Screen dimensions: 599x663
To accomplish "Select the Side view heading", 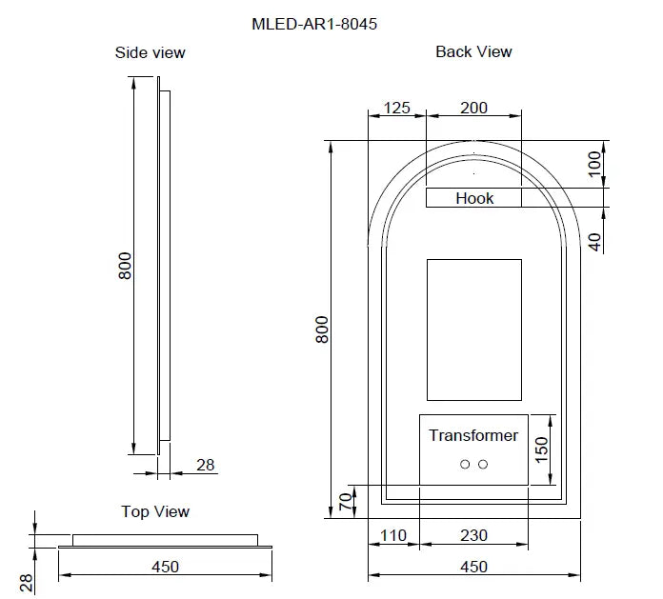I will coord(151,52).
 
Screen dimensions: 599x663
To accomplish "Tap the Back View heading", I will coord(473,51).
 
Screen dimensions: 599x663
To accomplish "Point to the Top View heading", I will coord(155,511).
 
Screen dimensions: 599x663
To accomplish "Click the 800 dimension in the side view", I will coord(125,266).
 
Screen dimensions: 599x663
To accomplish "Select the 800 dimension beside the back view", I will coord(322,329).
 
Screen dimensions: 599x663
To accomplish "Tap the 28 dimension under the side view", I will coord(206,466).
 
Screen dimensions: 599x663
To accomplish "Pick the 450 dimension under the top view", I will coord(165,567).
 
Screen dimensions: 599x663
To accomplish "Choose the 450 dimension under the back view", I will coord(473,567).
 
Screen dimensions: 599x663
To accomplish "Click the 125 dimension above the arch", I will coord(396,108).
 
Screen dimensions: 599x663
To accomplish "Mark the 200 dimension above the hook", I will coord(473,108).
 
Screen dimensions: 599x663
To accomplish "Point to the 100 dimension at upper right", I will coord(594,164).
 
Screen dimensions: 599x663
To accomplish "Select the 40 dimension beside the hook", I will coord(594,242).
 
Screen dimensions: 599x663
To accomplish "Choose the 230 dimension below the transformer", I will coord(473,537).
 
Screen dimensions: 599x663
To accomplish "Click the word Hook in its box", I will coord(474,198).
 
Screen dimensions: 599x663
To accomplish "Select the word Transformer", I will coord(473,435).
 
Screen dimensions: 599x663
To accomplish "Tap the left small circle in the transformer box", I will coord(465,464).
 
